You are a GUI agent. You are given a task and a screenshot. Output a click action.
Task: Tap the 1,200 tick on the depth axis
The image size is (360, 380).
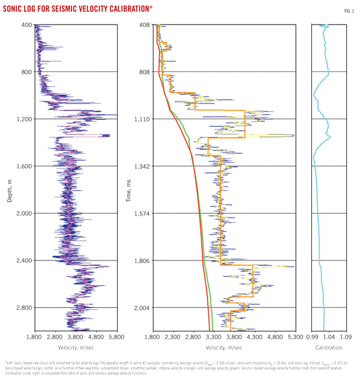pyautogui.click(x=24, y=119)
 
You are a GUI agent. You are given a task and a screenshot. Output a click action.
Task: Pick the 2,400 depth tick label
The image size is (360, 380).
pyautogui.click(x=24, y=261)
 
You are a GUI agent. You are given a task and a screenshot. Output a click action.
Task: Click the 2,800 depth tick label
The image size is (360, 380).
pyautogui.click(x=24, y=308)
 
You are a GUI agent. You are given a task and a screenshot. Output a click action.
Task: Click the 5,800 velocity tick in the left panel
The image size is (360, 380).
pyautogui.click(x=116, y=338)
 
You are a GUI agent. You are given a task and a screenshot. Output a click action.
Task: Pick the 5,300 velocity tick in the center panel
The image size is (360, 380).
pyautogui.click(x=294, y=338)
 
